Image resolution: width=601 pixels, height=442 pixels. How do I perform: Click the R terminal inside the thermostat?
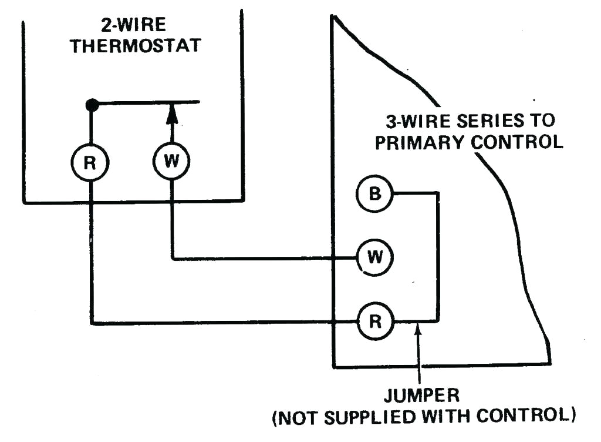90,163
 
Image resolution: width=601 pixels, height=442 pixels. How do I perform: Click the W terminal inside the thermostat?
171,161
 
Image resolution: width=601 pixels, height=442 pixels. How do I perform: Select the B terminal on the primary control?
374,193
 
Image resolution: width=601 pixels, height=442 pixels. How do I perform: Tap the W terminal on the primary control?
374,257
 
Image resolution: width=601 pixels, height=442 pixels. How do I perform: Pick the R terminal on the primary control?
374,322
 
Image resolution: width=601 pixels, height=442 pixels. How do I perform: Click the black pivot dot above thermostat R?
92,105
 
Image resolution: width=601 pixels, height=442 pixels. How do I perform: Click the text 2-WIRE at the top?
134,25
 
